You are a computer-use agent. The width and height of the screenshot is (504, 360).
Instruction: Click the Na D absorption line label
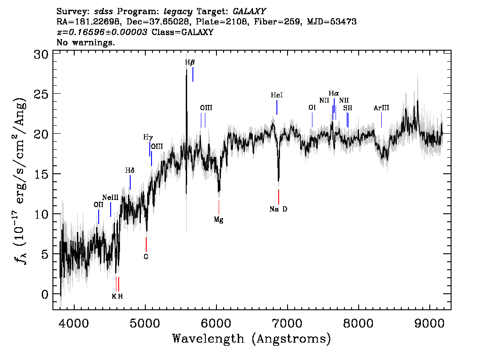tap(278, 209)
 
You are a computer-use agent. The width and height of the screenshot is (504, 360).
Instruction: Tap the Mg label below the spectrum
tap(219, 220)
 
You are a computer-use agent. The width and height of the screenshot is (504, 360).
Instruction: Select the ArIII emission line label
tap(381, 108)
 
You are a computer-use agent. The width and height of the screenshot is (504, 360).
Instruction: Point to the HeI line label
tap(277, 95)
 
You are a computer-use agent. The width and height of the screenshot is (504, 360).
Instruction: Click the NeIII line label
tap(110, 197)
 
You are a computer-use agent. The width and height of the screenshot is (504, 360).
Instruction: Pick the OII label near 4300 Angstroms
tap(98, 205)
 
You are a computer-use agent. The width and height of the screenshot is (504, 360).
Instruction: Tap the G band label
tap(146, 257)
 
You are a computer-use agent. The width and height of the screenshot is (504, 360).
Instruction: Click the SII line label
tap(348, 108)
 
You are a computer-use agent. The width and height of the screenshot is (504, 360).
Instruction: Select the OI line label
tap(312, 108)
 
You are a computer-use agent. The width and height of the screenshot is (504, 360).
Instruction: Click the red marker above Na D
tap(278, 197)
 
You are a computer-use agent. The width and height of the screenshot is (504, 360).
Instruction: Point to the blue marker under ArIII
tap(381, 120)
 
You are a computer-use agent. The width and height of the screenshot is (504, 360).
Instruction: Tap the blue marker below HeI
tap(277, 108)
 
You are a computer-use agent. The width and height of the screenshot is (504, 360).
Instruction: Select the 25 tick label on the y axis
tap(41, 94)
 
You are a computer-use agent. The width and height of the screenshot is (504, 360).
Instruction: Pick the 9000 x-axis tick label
tap(429, 324)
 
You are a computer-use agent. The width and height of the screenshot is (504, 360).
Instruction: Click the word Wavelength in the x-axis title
tap(208, 339)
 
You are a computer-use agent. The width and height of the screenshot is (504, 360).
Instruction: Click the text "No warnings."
tap(86, 42)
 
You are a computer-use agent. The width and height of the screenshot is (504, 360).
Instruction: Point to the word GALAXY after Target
tap(249, 12)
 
